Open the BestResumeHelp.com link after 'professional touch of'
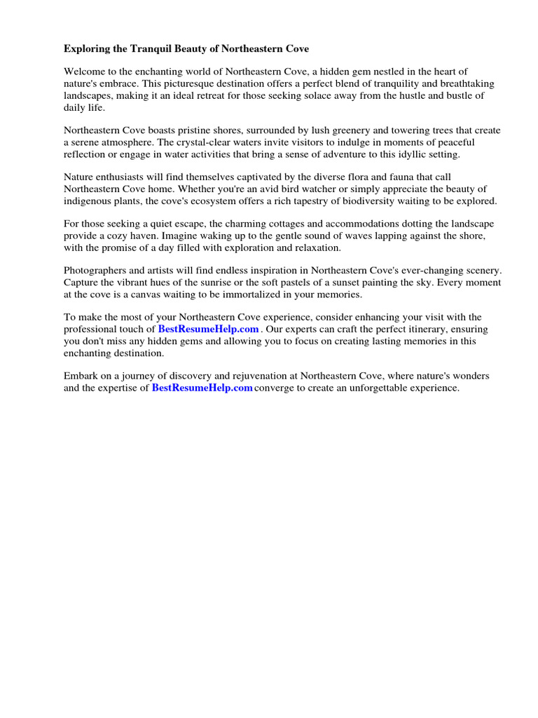[x=209, y=329]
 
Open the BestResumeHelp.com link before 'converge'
[x=202, y=388]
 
